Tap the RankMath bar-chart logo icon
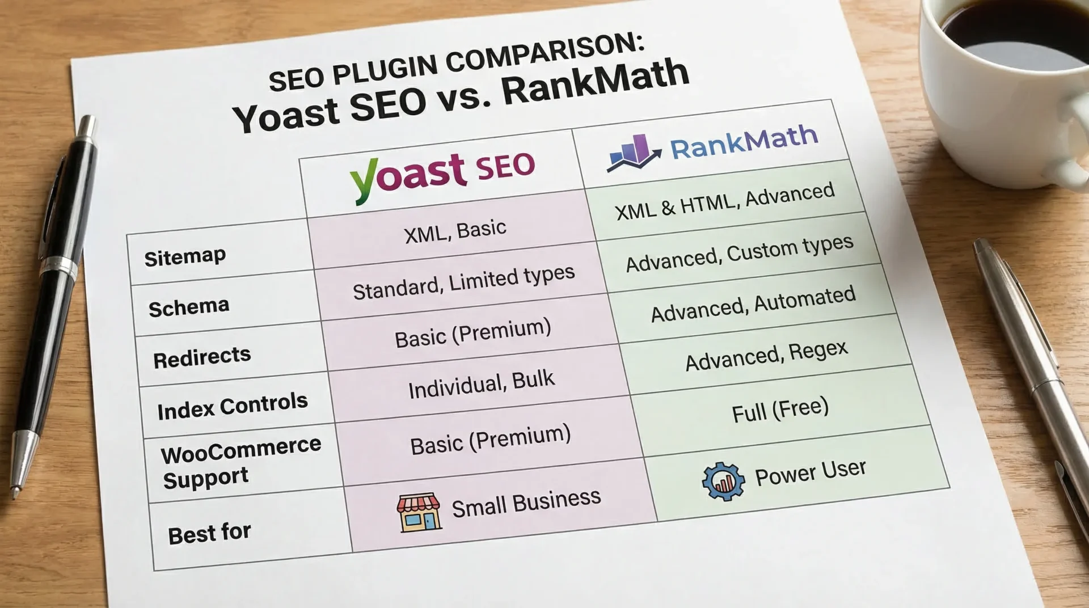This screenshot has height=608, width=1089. click(633, 153)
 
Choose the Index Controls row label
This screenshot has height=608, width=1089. click(233, 406)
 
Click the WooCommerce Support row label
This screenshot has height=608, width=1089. click(240, 463)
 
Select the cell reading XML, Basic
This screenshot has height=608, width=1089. click(455, 231)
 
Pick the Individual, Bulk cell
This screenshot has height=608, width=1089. click(481, 385)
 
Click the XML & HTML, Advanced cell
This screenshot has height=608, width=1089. click(724, 201)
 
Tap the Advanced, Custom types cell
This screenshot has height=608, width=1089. click(739, 253)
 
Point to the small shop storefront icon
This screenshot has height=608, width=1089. click(419, 512)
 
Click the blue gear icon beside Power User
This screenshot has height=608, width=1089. click(723, 482)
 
